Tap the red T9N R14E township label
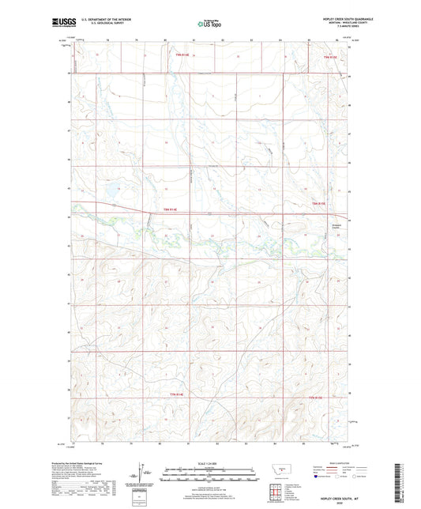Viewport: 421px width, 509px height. point(182,55)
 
